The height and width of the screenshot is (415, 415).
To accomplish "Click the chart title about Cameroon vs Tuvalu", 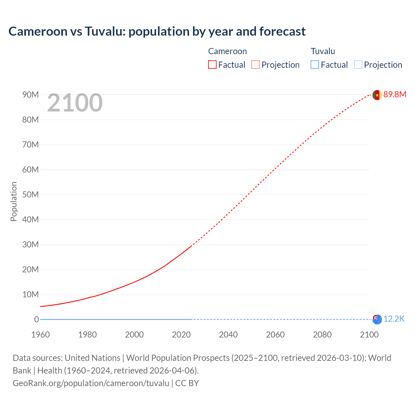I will coord(157,31).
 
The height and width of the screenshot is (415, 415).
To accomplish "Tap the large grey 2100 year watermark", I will coord(75,103).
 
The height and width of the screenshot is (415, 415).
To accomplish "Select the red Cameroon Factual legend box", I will coord(212,65).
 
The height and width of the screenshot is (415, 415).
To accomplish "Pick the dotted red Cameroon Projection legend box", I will coord(255,65).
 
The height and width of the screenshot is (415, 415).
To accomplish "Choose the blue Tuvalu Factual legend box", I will coord(315,65).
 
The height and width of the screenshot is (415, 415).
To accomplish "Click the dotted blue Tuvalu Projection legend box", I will coord(358,65).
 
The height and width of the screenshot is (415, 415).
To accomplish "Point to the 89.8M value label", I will coord(395,94).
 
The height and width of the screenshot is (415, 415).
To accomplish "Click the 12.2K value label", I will coord(394,319).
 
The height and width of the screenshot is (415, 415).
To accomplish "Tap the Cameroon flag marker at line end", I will coord(377,95).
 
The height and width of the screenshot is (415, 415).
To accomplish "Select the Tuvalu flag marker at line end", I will coord(377,319).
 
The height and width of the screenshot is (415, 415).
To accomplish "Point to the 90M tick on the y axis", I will coord(30,95).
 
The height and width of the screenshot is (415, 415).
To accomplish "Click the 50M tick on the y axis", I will coord(30,195).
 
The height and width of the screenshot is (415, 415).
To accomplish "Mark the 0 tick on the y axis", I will coord(36,319).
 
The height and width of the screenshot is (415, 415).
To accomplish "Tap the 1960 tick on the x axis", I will coord(41,335).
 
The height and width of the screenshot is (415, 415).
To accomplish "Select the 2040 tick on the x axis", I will coord(228,335).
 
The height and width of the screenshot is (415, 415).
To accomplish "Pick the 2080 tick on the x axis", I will coord(322,335).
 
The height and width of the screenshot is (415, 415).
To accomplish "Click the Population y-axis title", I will coord(14,201).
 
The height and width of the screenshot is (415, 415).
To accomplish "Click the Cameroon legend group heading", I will coord(227,51).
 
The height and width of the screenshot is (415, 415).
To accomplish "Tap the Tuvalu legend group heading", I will coord(323,51).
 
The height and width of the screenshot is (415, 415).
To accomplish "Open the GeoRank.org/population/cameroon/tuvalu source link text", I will coord(91,383).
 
